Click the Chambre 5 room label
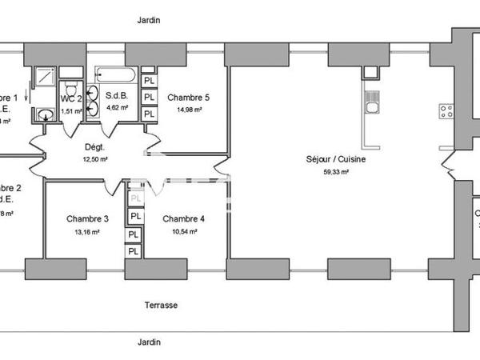pyautogui.click(x=188, y=98)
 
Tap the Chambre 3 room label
pyautogui.click(x=87, y=218)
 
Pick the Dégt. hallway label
pyautogui.click(x=95, y=147)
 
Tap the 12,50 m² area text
pyautogui.click(x=95, y=159)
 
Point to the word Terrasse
pyautogui.click(x=161, y=306)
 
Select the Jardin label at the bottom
pyautogui.click(x=148, y=342)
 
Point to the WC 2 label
pyautogui.click(x=71, y=99)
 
